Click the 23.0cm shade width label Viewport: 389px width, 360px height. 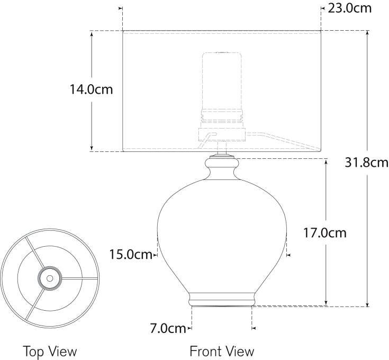coord(349,8)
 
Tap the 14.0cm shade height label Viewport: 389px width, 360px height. coord(91,89)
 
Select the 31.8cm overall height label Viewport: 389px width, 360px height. coord(366,163)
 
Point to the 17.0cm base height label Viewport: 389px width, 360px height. coord(325,233)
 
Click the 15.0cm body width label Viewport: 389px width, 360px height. coord(131,254)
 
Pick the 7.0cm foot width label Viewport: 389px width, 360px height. coord(168,328)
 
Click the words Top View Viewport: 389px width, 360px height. coord(50,352)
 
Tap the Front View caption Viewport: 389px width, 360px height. coord(222,352)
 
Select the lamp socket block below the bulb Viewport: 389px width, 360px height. coord(222,134)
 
